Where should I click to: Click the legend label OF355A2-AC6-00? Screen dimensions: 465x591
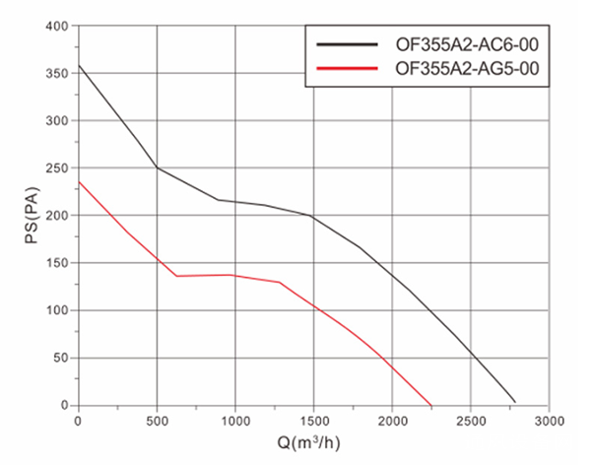466,44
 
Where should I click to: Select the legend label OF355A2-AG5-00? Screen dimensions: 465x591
466,68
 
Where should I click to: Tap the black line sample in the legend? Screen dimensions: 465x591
348,44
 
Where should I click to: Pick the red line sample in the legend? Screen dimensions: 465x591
348,68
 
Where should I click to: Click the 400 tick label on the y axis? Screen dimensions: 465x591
59,26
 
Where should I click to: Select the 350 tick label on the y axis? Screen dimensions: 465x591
59,74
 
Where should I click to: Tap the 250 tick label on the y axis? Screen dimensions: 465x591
59,168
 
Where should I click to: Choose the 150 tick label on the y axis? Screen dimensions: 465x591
59,263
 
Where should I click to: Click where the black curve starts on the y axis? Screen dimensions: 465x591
79,66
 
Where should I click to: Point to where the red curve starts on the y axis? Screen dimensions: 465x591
79,181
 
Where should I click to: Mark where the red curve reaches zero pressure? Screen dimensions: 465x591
431,405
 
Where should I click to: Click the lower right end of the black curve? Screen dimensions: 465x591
515,401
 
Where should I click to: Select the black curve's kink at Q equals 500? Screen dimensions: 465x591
157,167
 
